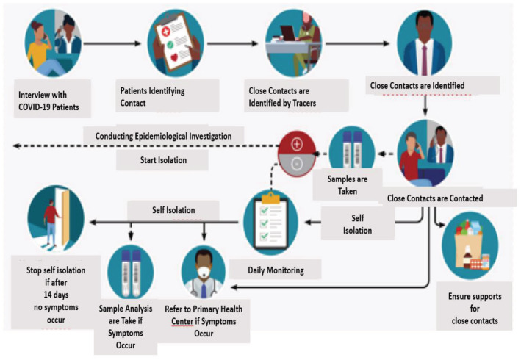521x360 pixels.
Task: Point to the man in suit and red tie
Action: coord(423,46)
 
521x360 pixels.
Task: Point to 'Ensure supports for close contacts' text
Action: coord(474,309)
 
